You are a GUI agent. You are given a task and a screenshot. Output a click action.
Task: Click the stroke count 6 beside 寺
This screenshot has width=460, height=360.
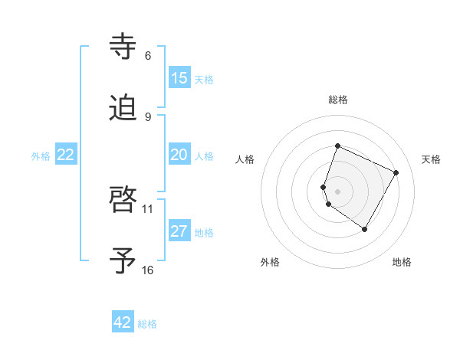pyautogui.click(x=148, y=56)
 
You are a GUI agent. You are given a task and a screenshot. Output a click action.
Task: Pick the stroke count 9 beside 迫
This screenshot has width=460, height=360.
pyautogui.click(x=148, y=116)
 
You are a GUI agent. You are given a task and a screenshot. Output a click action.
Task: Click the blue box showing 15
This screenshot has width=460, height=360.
pyautogui.click(x=179, y=78)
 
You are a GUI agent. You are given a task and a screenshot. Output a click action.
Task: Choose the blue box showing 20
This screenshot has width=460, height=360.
pyautogui.click(x=179, y=155)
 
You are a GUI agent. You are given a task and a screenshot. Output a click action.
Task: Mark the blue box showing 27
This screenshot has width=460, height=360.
pyautogui.click(x=179, y=231)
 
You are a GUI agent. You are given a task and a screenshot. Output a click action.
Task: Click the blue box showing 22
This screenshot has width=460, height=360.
pyautogui.click(x=66, y=155)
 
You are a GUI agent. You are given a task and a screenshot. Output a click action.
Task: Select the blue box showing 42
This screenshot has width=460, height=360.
pyautogui.click(x=123, y=322)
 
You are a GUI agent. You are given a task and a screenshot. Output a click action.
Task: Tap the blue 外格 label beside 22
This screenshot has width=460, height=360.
pyautogui.click(x=41, y=155)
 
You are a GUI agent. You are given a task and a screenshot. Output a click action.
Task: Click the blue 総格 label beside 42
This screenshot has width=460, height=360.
pyautogui.click(x=147, y=323)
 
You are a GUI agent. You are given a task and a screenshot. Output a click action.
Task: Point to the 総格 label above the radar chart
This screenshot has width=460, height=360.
pyautogui.click(x=338, y=100)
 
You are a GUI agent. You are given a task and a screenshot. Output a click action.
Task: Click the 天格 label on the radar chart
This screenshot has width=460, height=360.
pyautogui.click(x=431, y=159)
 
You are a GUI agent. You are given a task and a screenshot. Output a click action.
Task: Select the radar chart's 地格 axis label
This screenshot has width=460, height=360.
pyautogui.click(x=402, y=262)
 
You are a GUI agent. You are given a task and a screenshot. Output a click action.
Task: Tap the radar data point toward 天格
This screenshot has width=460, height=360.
pyautogui.click(x=396, y=172)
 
